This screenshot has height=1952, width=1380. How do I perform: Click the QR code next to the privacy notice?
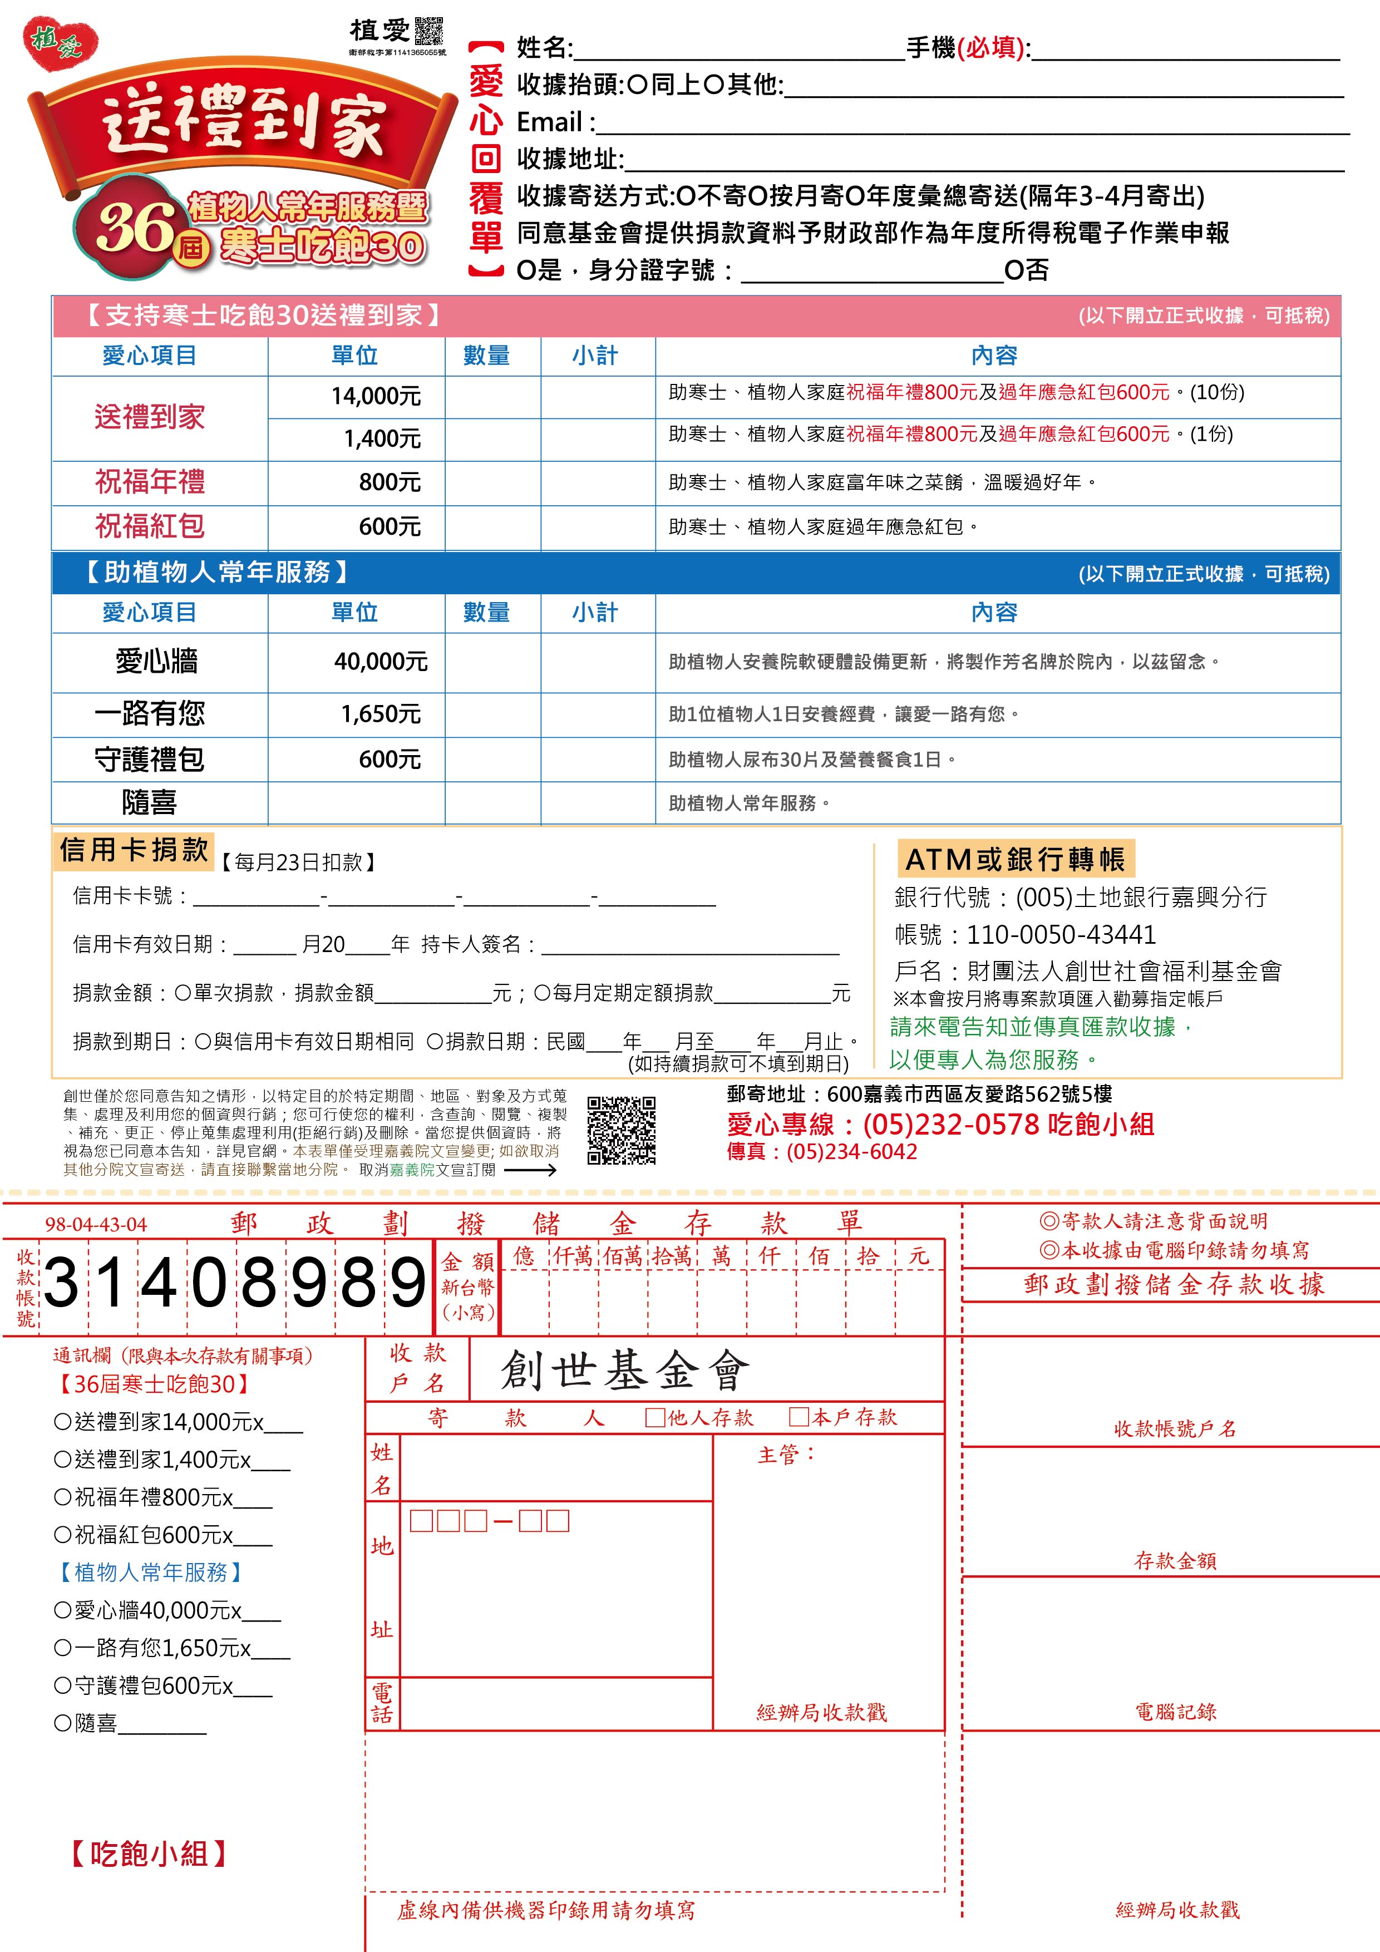tap(622, 1130)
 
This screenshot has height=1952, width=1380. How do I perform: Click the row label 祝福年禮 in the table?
tap(150, 482)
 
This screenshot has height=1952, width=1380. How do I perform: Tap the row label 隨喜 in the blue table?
tap(150, 802)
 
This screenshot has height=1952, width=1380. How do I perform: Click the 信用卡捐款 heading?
tap(134, 849)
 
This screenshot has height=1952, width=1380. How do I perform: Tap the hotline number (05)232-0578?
tap(950, 1125)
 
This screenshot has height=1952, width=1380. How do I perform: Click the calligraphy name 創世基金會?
tap(625, 1371)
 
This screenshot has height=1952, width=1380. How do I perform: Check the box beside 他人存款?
tap(655, 1417)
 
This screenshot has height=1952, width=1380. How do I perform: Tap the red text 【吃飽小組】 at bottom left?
tap(149, 1854)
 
